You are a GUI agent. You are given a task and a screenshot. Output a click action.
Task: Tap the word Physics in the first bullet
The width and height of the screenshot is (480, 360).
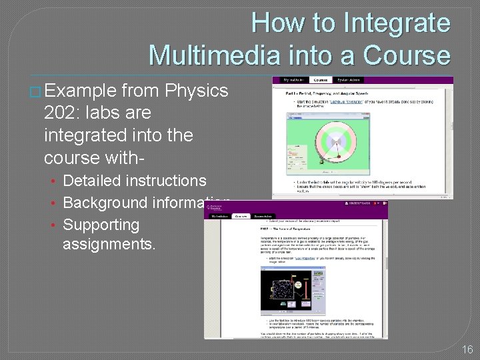coord(197,91)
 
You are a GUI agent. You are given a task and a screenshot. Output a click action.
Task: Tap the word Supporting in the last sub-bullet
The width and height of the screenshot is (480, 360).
coord(101,225)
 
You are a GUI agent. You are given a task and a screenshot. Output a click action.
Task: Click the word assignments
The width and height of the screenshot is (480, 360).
coord(109,244)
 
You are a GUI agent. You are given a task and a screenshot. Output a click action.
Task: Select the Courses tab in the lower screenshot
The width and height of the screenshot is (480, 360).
coord(240,216)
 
